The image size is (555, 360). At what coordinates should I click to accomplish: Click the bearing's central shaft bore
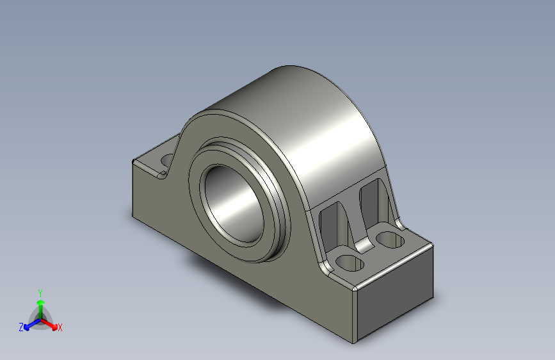234,203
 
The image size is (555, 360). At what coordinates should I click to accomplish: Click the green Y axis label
40,291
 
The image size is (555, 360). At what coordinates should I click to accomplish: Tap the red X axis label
60,327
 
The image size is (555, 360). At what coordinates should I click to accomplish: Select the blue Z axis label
21,327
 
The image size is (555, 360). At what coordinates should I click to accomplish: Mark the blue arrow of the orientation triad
29,323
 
